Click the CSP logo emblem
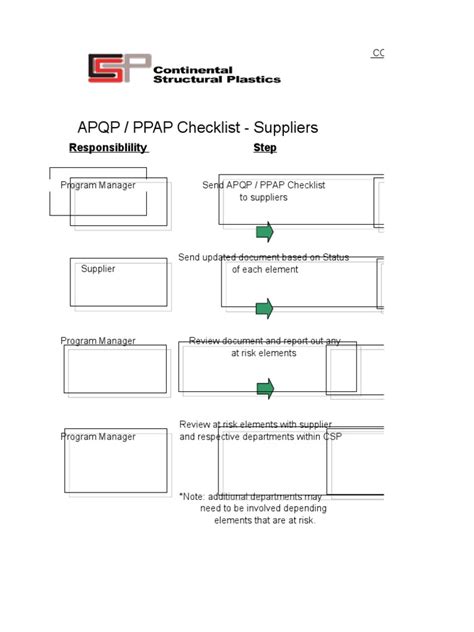click(x=119, y=69)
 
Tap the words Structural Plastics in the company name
click(x=217, y=78)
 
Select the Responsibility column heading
click(x=108, y=148)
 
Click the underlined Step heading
click(x=265, y=148)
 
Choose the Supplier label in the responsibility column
click(x=98, y=269)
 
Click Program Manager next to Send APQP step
click(x=98, y=185)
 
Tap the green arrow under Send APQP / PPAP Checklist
click(x=264, y=233)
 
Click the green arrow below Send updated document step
click(x=264, y=309)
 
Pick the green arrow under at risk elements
click(x=264, y=389)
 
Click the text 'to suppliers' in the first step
click(x=263, y=198)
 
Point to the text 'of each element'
click(x=265, y=270)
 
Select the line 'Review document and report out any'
click(x=265, y=341)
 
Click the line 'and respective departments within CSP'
click(x=260, y=437)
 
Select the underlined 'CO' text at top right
click(x=379, y=52)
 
